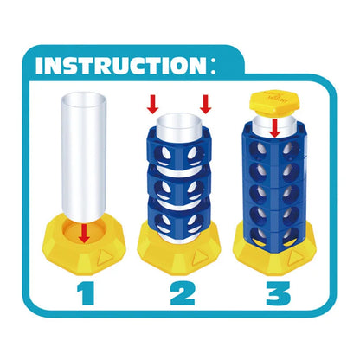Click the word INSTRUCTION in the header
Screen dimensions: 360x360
coord(121,66)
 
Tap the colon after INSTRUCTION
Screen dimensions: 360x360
coord(213,67)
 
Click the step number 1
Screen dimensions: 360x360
coord(87,293)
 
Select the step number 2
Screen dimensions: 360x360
coord(183,293)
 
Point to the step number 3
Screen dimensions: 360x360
coord(278,293)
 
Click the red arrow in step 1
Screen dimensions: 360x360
coord(84,233)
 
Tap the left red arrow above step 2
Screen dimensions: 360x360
coord(152,104)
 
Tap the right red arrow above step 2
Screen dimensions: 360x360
coord(206,104)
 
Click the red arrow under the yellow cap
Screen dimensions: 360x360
coord(275,127)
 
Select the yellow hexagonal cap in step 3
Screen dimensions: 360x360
coord(274,104)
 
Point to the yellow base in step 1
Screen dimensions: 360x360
coord(84,245)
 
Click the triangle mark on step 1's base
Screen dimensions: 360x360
coord(105,257)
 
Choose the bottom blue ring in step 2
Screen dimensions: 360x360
coord(180,218)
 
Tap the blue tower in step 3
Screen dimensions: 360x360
coord(275,188)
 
